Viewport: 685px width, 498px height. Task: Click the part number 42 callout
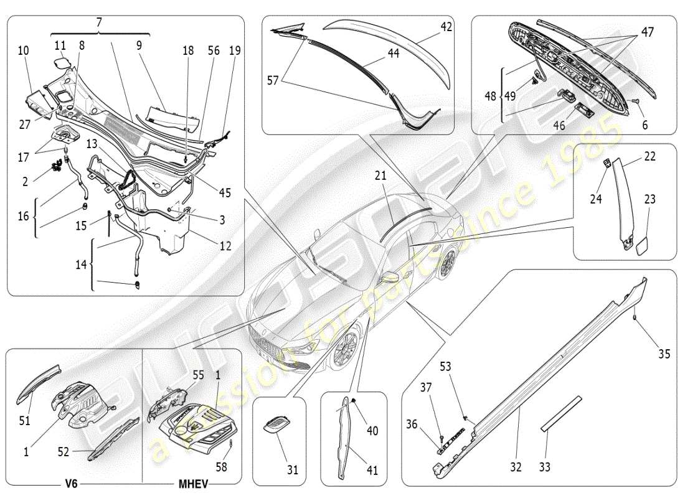point(446,27)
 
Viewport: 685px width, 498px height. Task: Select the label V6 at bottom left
point(68,484)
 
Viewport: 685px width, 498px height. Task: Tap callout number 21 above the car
point(381,177)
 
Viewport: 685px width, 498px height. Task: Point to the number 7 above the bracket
point(99,22)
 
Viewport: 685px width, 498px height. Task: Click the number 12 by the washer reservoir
point(225,247)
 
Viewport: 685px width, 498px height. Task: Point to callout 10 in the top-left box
point(24,49)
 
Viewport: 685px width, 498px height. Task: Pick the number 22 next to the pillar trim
point(650,157)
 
